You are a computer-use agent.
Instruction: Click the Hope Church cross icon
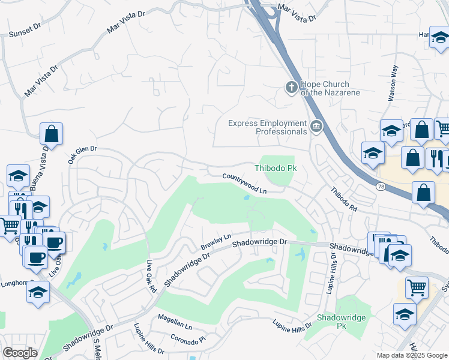tap(291, 88)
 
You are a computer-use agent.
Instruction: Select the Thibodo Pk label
tap(276, 169)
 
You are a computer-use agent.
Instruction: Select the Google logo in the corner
tap(20, 353)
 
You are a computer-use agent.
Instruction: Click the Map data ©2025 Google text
tap(411, 355)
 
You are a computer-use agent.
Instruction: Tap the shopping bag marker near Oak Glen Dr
tap(52, 134)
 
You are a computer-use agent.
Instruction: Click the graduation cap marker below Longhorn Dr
tap(38, 293)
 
